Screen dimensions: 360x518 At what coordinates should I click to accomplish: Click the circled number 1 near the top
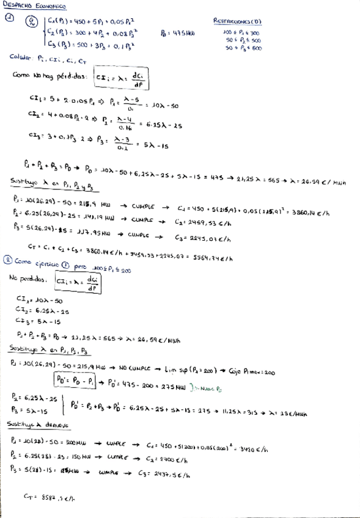coord(8,20)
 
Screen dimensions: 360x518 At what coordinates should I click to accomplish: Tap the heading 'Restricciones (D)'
coord(238,21)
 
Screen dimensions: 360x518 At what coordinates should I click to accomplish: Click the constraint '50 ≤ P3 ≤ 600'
coord(243,47)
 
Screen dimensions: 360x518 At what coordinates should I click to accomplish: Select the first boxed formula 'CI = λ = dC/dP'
coord(124,80)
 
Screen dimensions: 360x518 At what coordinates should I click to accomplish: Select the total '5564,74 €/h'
coord(212,258)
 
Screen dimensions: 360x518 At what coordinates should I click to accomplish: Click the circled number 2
coord(8,259)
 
